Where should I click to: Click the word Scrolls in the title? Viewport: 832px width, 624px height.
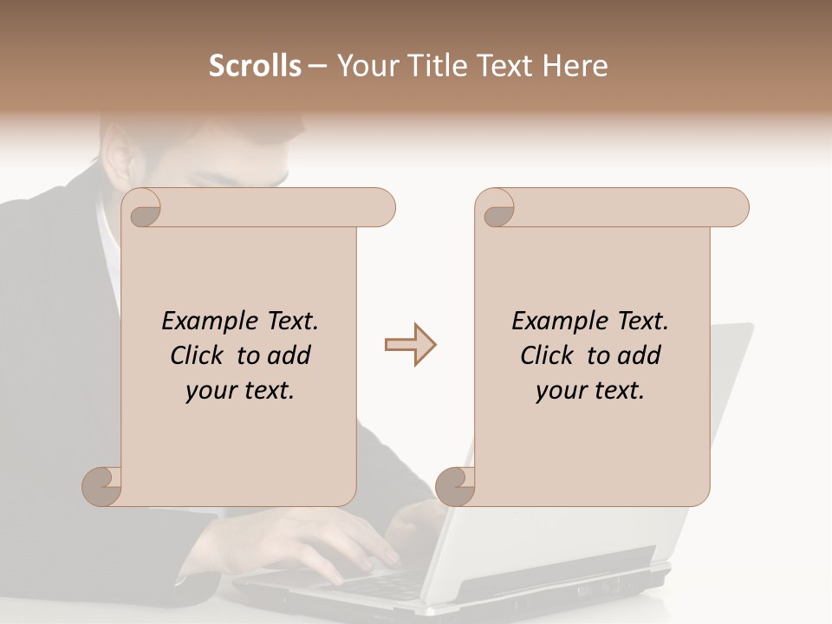pos(255,66)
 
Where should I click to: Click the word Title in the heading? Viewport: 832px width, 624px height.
pos(441,66)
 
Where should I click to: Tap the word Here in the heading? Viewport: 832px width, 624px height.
pos(575,66)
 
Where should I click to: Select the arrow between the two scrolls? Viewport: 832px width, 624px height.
pos(410,345)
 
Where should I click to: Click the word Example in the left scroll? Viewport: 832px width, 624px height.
pos(205,322)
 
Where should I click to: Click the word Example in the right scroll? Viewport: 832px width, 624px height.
pos(555,322)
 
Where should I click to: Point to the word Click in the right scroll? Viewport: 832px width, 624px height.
pos(547,355)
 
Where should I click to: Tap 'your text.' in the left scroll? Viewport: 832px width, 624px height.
pos(240,391)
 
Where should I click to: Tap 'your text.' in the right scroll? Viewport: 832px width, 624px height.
pos(590,391)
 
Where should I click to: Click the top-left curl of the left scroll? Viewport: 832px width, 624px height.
pos(142,209)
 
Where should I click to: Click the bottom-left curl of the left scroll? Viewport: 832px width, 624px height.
pos(101,485)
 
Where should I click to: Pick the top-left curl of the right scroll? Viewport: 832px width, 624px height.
pos(496,209)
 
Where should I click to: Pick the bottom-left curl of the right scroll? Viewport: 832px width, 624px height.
pos(454,485)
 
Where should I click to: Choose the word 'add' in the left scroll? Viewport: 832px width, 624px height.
pos(289,355)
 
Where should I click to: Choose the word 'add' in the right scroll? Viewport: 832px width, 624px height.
pos(639,355)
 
